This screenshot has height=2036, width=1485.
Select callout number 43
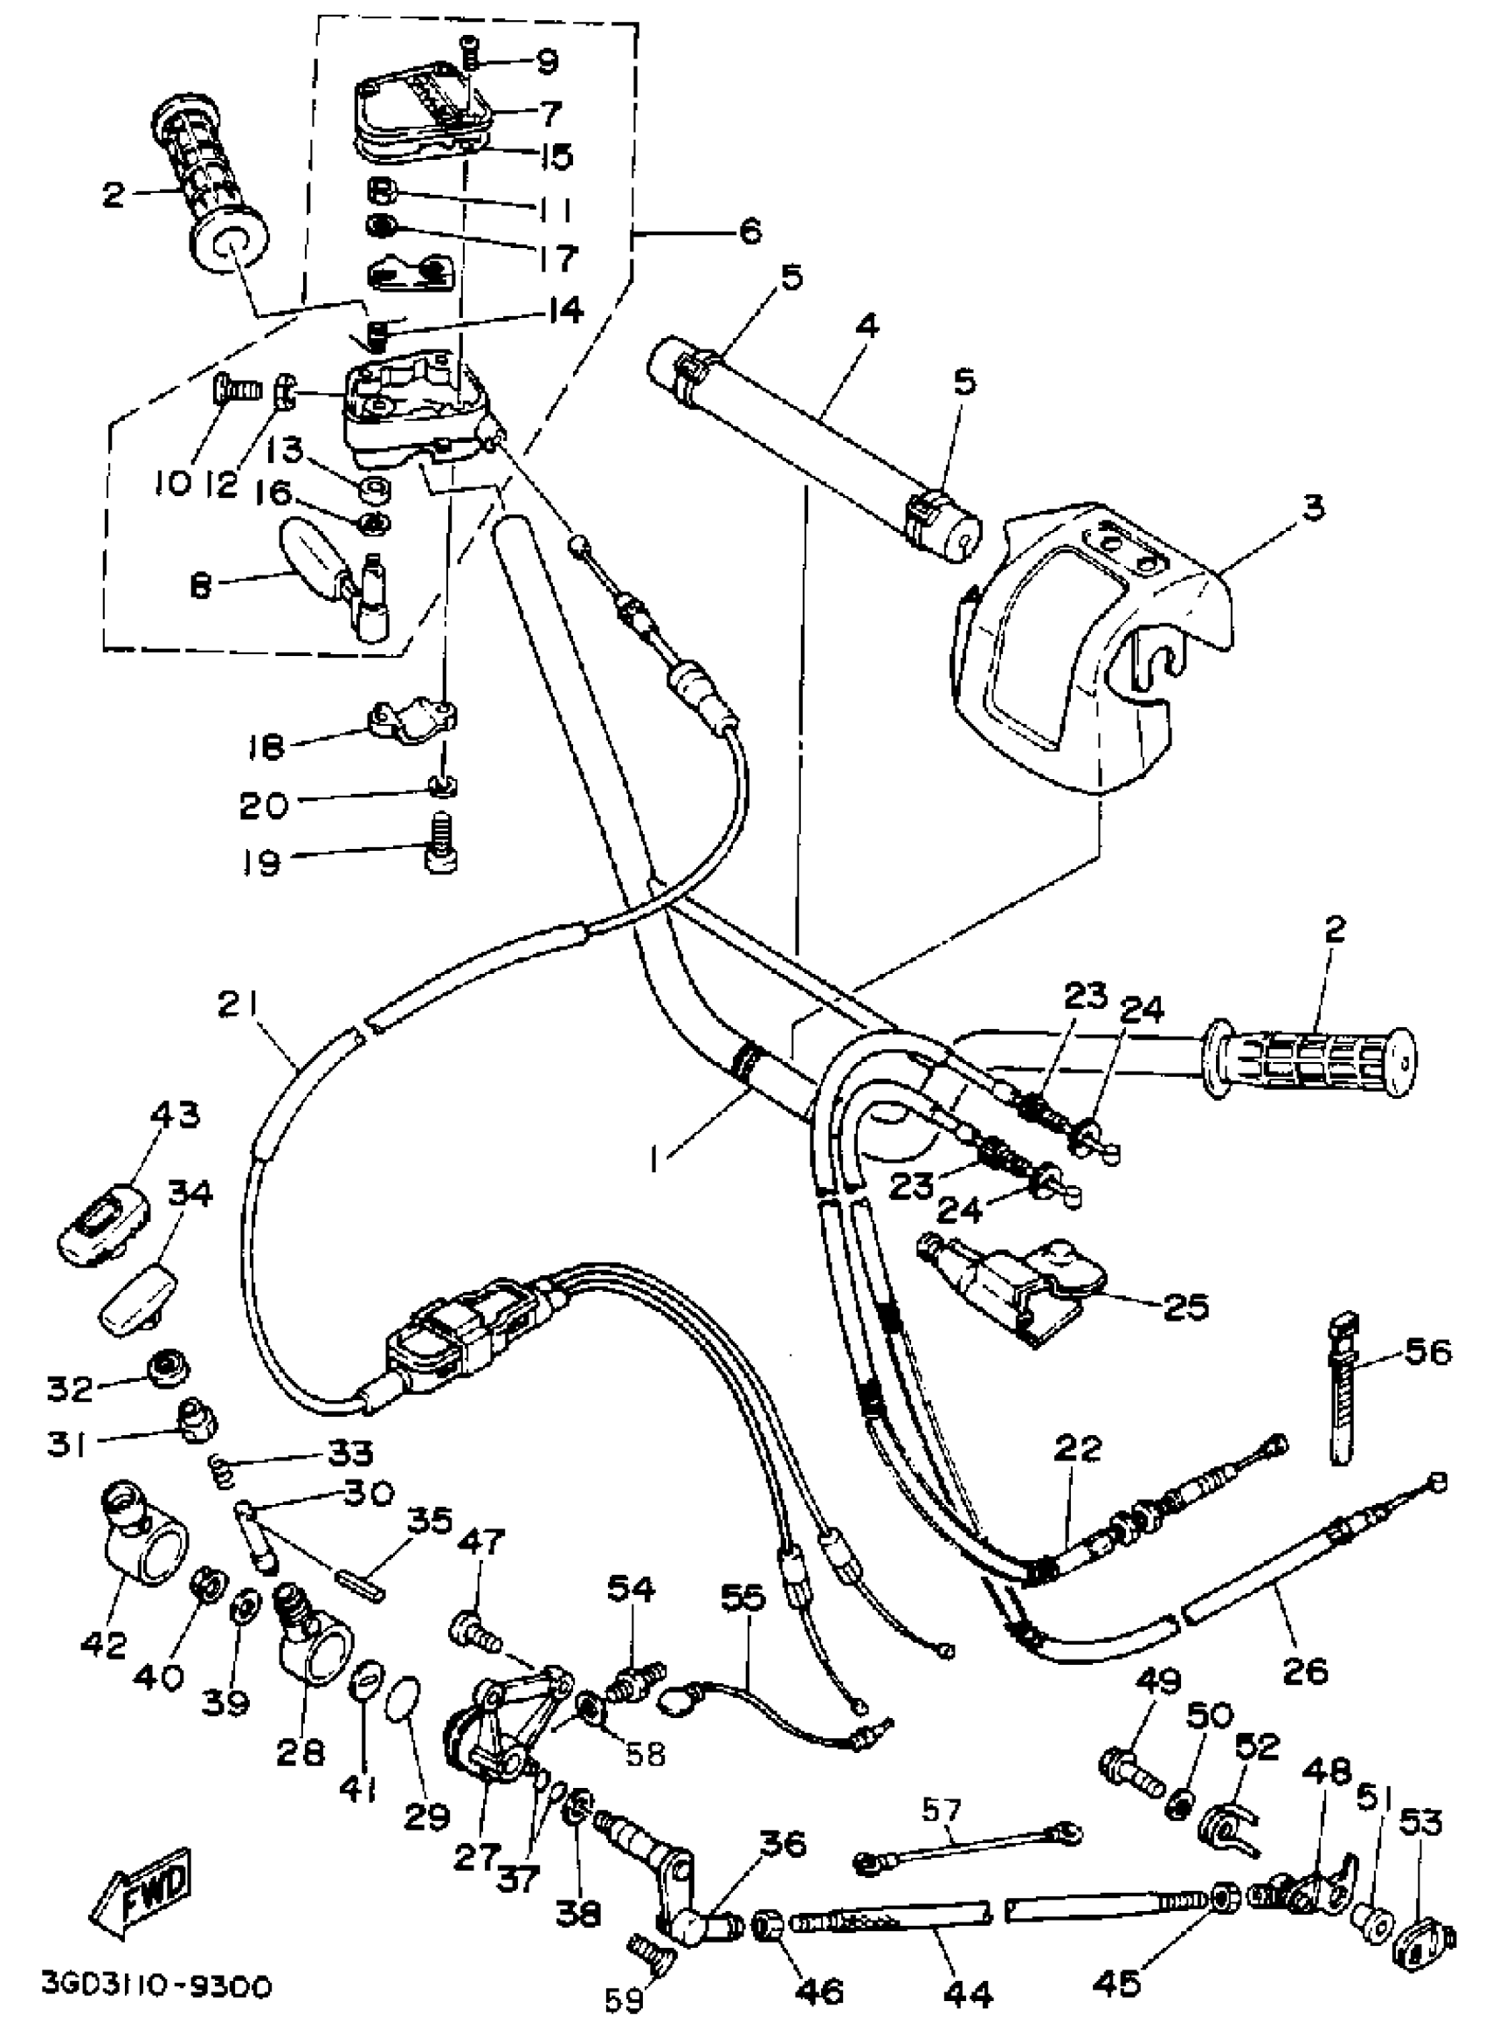click(174, 1116)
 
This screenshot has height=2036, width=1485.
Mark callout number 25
click(1185, 1307)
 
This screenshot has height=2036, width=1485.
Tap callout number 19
click(260, 862)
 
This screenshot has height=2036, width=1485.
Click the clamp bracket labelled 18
click(414, 720)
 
